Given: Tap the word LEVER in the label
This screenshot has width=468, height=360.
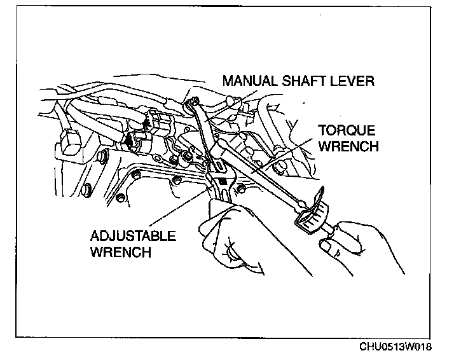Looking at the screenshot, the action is [x=354, y=81].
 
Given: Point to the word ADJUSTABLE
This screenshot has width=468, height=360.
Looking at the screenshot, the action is [x=133, y=237].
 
